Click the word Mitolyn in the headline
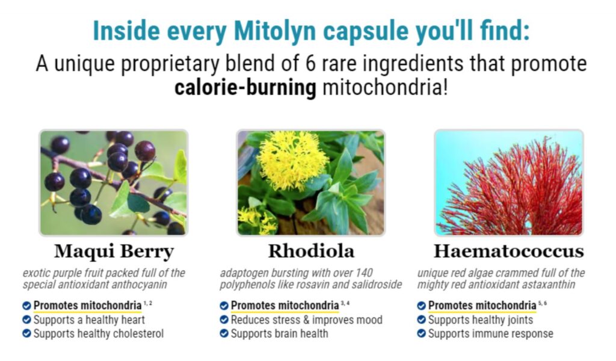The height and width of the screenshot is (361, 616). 274,31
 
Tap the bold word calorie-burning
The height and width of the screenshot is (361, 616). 245,87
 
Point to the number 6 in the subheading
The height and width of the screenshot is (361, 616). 310,64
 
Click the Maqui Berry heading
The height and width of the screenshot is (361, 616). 114,251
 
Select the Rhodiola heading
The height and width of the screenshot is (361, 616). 311,251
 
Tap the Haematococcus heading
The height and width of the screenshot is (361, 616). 509,251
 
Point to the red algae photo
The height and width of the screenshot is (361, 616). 509,183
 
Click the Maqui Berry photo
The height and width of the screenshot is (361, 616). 114,183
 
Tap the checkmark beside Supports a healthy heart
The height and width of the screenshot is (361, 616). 26,319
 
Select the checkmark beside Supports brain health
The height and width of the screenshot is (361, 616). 224,333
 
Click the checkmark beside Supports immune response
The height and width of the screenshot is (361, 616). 421,333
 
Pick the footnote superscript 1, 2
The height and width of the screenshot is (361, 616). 148,303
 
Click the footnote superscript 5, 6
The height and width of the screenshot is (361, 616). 543,303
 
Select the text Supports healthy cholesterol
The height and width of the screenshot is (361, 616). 99,333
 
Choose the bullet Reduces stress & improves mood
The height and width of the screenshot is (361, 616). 306,319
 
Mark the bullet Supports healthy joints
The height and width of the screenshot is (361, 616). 481,319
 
